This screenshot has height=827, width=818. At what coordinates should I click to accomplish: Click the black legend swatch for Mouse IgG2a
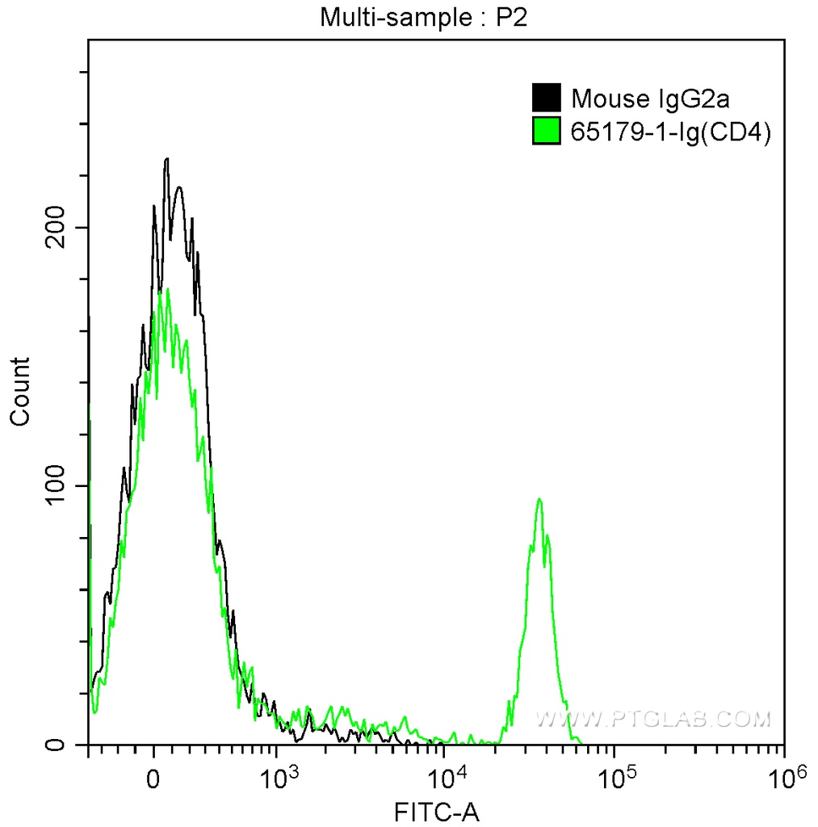(546, 98)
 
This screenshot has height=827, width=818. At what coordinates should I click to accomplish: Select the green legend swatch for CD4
(546, 131)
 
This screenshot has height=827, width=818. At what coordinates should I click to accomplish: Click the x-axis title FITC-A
(437, 811)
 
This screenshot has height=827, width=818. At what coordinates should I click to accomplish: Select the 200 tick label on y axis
(57, 228)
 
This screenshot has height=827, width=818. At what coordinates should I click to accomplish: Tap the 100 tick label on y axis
(57, 486)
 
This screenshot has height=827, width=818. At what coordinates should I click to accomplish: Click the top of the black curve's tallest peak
(166, 159)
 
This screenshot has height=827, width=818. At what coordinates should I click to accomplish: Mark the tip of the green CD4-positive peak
(539, 500)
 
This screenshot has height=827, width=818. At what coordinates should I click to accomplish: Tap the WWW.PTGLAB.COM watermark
(653, 718)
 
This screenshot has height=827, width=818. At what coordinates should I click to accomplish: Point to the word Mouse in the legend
(599, 99)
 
